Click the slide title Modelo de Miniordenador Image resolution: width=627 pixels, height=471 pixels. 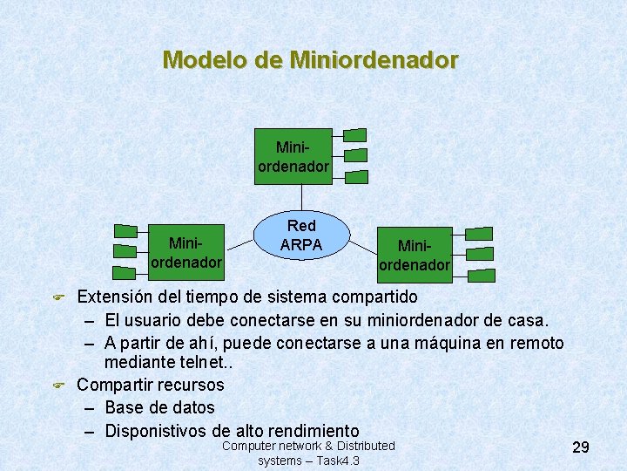pos(310,60)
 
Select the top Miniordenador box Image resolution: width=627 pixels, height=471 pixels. pos(293,157)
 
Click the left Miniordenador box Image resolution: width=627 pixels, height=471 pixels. pos(185,250)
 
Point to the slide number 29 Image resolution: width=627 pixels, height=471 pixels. pos(581,447)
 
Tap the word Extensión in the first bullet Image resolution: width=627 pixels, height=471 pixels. pos(116,297)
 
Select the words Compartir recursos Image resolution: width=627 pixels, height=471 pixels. pos(150,385)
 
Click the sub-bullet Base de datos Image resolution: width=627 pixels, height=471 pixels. pos(159,407)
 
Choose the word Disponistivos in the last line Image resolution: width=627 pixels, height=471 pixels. pos(156,430)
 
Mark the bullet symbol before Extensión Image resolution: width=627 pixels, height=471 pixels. pos(59,298)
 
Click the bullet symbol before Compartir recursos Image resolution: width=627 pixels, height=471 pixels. pos(59,385)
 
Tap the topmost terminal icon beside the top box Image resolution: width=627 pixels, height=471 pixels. pos(354,135)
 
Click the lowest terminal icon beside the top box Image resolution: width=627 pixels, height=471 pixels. pos(354,176)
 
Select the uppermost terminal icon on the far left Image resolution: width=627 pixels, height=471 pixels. pos(126,231)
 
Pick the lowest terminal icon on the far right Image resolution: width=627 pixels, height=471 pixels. pos(480,275)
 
